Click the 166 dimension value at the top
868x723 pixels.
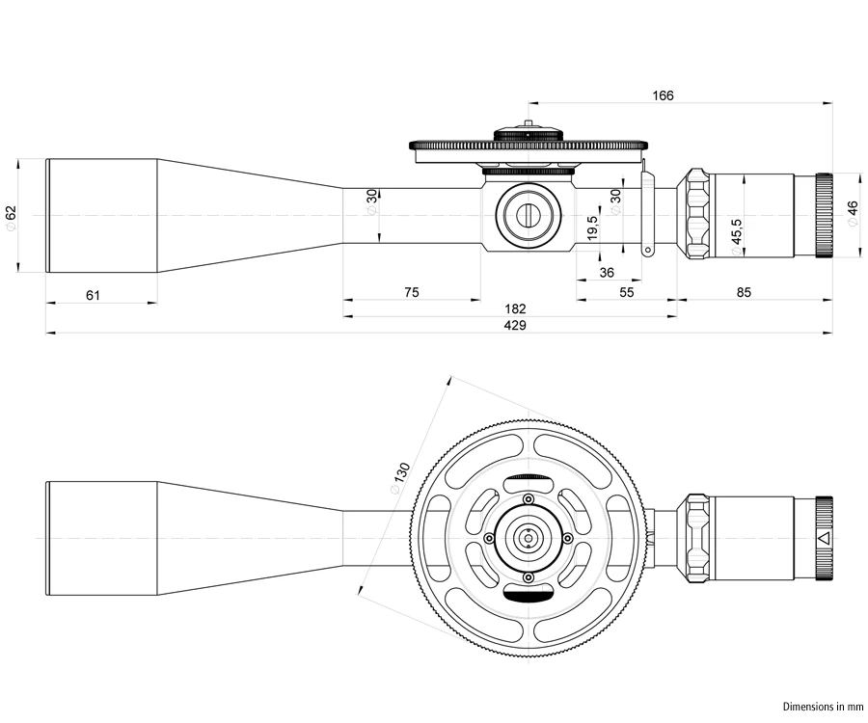[x=663, y=95]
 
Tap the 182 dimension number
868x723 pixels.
[x=515, y=309]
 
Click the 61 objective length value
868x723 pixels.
[x=94, y=295]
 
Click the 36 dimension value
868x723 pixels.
[x=607, y=273]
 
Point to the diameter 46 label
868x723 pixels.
[x=852, y=213]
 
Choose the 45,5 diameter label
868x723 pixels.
[x=736, y=237]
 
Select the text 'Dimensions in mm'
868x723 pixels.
[x=821, y=707]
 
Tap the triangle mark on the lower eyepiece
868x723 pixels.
[x=822, y=538]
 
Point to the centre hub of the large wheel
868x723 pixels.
[x=528, y=538]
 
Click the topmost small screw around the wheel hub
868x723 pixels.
[x=529, y=498]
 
